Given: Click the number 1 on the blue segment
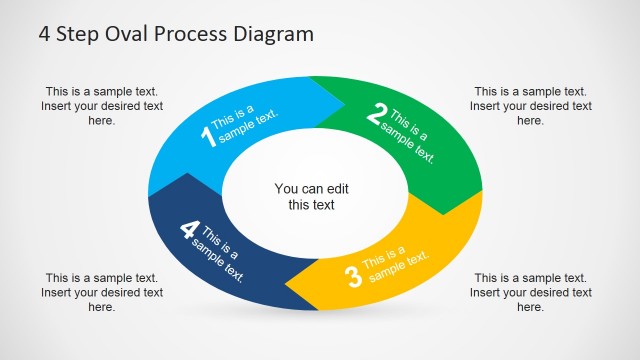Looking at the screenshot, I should pos(209,136).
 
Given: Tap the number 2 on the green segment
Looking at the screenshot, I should pos(376,116).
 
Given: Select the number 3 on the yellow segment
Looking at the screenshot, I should pos(352,276).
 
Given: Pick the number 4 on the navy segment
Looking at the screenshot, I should pos(188,230).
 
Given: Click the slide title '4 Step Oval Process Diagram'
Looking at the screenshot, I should pos(176,34).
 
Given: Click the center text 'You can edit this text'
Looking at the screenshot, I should pos(312,196).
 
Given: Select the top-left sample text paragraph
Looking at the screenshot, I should pos(101,105).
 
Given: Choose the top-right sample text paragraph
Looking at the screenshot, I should pos(530,105).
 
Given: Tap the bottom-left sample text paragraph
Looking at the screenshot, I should pos(101,292).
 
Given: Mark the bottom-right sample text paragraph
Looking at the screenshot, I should pos(530,292).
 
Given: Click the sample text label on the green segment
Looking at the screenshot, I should pos(412,137).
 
